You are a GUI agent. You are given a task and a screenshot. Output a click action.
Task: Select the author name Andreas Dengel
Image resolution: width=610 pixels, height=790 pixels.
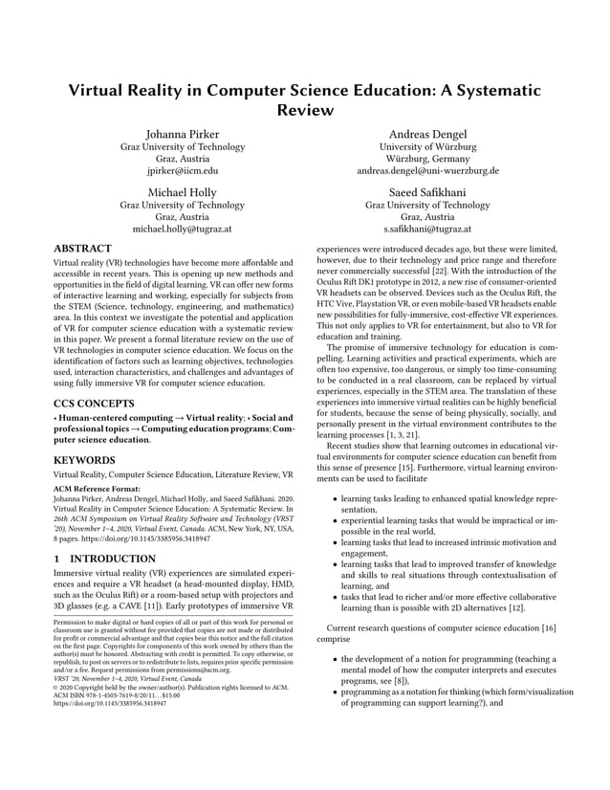pos(427,133)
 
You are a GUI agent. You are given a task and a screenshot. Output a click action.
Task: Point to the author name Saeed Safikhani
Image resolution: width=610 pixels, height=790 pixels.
pos(427,191)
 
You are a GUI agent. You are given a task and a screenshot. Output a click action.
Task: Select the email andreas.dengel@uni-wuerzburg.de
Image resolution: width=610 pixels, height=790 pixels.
pos(427,171)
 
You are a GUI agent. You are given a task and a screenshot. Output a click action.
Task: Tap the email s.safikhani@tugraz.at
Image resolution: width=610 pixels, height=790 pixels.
pos(427,230)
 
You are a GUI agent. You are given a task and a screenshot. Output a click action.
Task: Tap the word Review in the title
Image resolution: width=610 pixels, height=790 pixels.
pos(304,110)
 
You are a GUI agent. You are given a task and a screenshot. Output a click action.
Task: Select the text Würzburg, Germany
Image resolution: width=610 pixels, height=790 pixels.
pos(427,159)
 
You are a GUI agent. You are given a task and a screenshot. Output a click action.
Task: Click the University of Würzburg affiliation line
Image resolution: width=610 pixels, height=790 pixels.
pos(427,146)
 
